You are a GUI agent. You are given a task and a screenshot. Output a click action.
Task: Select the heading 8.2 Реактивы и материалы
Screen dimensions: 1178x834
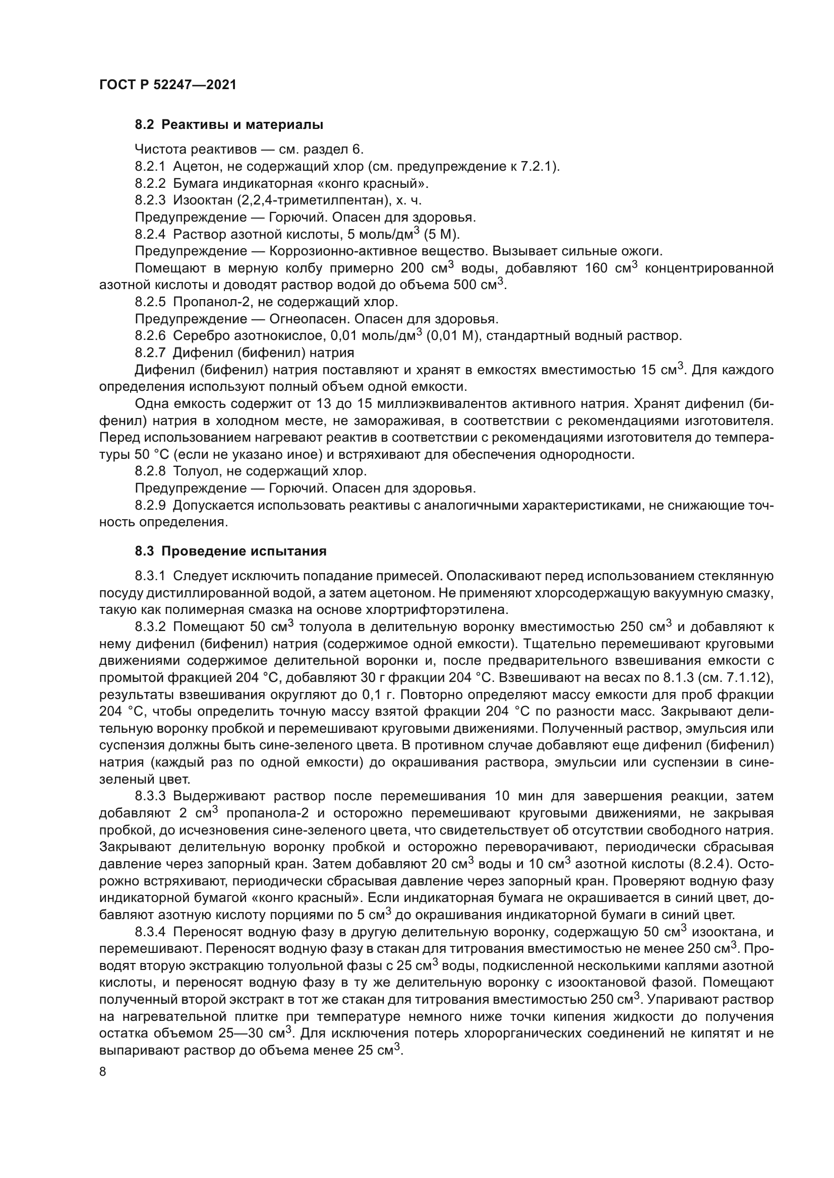click(229, 125)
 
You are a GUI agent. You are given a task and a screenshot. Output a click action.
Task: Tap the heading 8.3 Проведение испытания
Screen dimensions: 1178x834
click(230, 551)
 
